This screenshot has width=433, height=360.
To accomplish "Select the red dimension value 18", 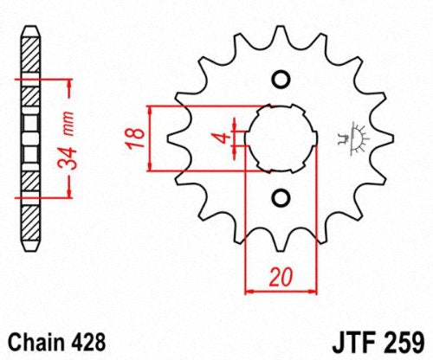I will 134,137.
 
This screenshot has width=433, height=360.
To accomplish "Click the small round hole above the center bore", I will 280,80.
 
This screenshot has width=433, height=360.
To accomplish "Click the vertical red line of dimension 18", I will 153,138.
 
